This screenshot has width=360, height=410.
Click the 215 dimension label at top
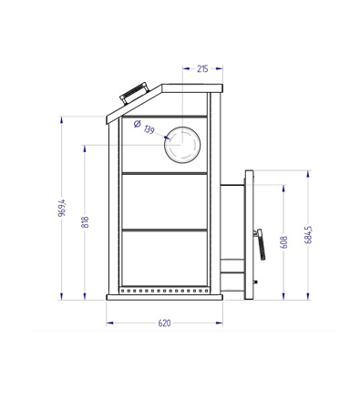coord(201,67)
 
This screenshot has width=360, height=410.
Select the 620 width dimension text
coord(164,323)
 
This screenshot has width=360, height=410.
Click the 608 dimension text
coord(284,242)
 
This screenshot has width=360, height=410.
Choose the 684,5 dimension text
coord(309,235)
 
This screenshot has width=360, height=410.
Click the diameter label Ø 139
coord(144,128)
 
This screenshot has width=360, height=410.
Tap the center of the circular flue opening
coord(186,145)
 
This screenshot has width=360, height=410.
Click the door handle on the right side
coord(257,244)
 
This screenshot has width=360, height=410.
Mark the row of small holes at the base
coord(164,292)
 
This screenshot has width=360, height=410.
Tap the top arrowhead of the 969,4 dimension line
coord(62,117)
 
